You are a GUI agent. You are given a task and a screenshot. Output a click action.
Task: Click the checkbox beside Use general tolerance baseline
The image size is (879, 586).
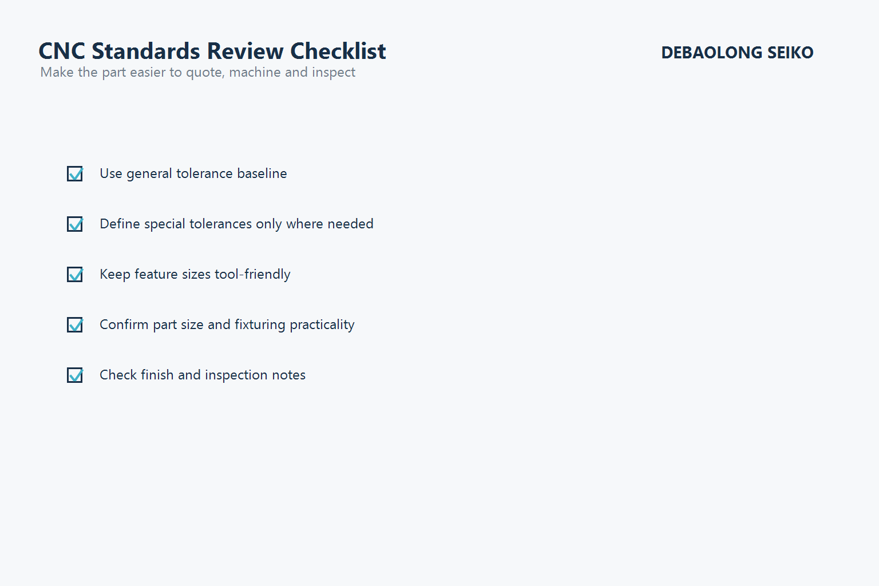(75, 173)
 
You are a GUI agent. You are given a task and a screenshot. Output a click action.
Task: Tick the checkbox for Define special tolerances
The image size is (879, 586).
(75, 224)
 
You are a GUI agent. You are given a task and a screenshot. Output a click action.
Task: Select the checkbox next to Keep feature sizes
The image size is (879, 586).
(75, 274)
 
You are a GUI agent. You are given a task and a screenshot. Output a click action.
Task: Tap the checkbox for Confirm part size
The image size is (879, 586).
(75, 324)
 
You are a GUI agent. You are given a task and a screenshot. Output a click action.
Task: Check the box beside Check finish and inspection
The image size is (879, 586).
(75, 375)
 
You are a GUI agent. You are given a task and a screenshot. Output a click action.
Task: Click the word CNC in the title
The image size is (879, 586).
(62, 52)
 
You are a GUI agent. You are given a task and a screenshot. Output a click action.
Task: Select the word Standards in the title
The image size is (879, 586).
(146, 52)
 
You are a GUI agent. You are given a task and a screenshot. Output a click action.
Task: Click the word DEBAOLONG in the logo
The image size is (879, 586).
(711, 53)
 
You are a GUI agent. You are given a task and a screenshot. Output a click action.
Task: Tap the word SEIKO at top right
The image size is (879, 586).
(790, 53)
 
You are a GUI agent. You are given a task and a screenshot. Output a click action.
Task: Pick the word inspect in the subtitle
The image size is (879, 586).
(334, 73)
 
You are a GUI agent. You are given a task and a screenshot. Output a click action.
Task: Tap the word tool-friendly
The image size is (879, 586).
(252, 274)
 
